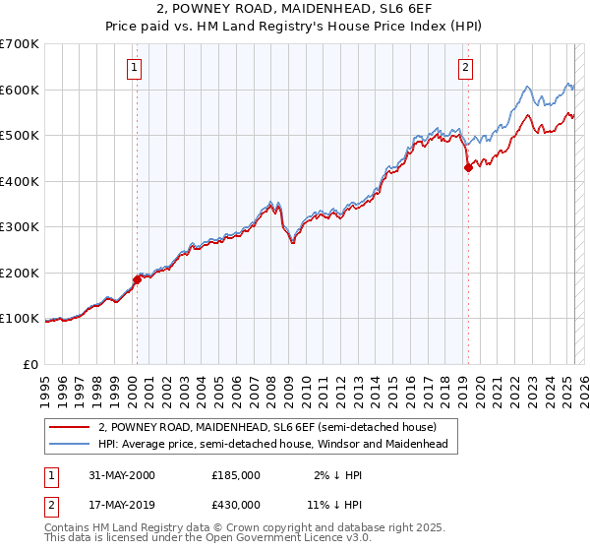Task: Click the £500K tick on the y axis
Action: [x=20, y=135]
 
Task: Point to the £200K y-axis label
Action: [x=20, y=273]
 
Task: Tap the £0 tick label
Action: [x=30, y=364]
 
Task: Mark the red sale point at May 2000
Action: [x=138, y=279]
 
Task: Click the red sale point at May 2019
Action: [x=468, y=167]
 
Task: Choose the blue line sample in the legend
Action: [x=69, y=444]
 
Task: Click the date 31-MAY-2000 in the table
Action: [x=120, y=475]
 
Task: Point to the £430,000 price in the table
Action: [x=236, y=505]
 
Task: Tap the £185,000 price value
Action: [x=236, y=475]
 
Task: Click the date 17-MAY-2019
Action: [x=120, y=505]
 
